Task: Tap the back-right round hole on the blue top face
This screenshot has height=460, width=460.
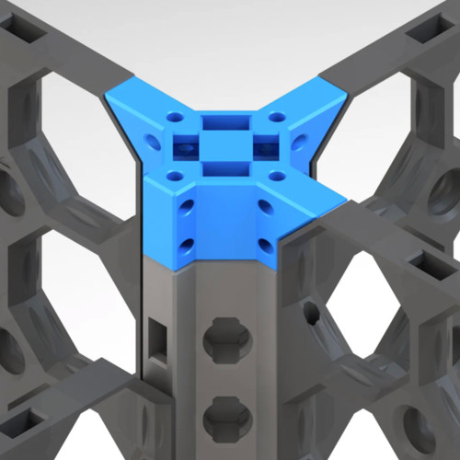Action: coord(276,116)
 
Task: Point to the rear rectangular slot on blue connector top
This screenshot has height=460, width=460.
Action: coord(221,121)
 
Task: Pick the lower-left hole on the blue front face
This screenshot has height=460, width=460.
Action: coord(188,245)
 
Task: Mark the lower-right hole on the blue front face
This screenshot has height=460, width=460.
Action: coord(264,245)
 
